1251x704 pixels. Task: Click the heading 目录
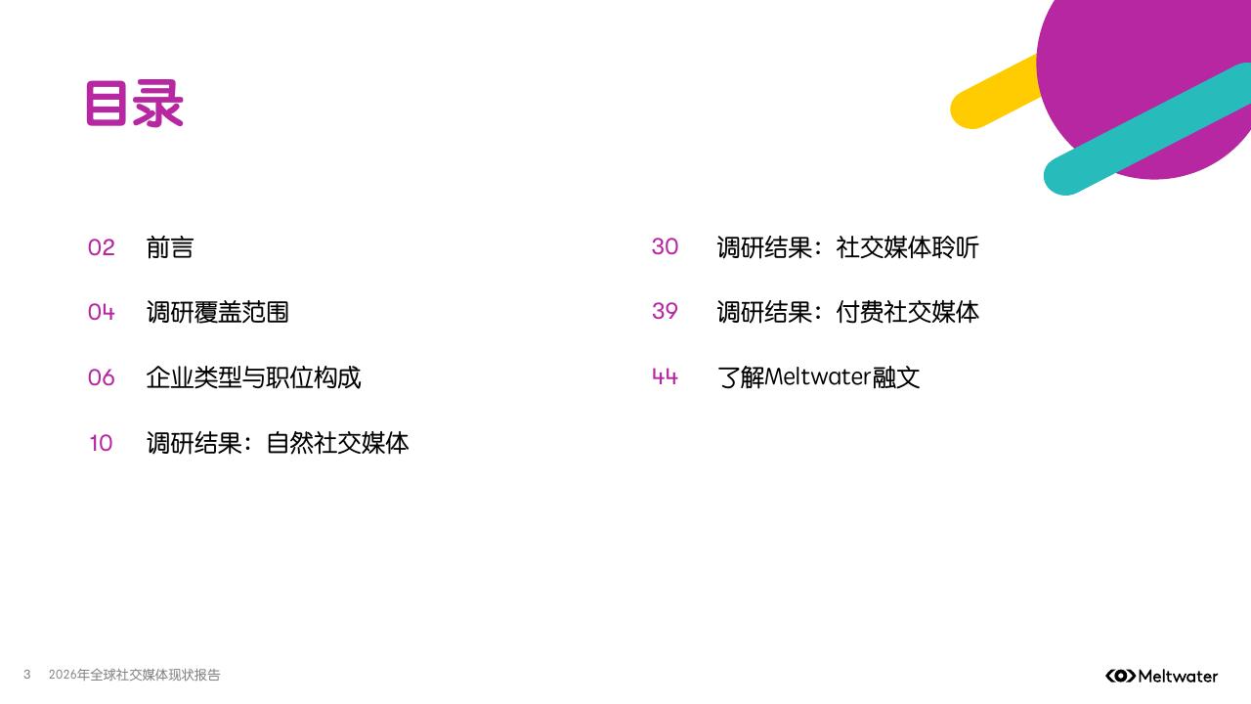pyautogui.click(x=135, y=105)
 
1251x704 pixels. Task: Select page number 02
pyautogui.click(x=102, y=247)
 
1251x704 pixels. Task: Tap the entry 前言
pyautogui.click(x=170, y=247)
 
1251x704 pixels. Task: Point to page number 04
pyautogui.click(x=102, y=312)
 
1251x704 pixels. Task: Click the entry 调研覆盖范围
pyautogui.click(x=218, y=312)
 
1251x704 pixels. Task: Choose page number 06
pyautogui.click(x=102, y=377)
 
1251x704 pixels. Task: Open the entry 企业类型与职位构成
pyautogui.click(x=254, y=377)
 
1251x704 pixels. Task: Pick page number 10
pyautogui.click(x=102, y=443)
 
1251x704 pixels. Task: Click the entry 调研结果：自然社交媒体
pyautogui.click(x=278, y=443)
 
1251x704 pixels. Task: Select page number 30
pyautogui.click(x=666, y=247)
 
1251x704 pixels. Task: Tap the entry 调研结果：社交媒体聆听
pyautogui.click(x=847, y=247)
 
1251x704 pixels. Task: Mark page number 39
pyautogui.click(x=666, y=312)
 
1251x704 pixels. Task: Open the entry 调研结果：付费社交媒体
pyautogui.click(x=847, y=312)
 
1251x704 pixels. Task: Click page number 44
pyautogui.click(x=666, y=377)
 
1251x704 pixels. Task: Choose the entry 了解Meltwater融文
pyautogui.click(x=819, y=377)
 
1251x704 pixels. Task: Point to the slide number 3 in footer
pyautogui.click(x=27, y=675)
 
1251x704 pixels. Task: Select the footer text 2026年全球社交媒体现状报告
pyautogui.click(x=135, y=675)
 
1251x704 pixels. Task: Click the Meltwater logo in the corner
pyautogui.click(x=1161, y=676)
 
